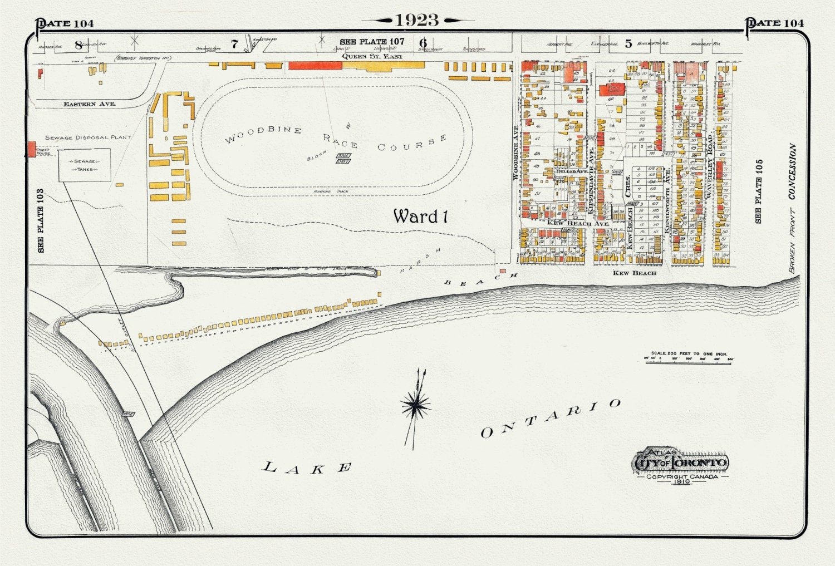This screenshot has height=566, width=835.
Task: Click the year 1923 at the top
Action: tap(417, 21)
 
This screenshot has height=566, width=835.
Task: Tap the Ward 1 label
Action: tap(420, 216)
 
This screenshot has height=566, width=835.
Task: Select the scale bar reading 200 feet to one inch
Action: tap(689, 357)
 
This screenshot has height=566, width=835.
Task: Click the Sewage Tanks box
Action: tap(85, 165)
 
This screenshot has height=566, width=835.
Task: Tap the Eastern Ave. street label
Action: tap(89, 104)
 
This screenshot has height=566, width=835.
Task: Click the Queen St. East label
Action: tap(372, 56)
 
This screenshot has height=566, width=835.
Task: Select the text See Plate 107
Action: tap(372, 42)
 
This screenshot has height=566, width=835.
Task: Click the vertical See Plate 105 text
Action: tap(759, 191)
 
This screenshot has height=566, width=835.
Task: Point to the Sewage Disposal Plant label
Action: tap(88, 137)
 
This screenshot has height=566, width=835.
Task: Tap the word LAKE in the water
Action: tap(307, 467)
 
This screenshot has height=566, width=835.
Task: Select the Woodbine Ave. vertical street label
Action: tap(515, 152)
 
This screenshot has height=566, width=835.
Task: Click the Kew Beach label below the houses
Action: tap(634, 273)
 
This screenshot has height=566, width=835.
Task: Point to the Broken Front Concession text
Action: tap(792, 209)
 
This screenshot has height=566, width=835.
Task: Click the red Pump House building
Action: tap(32, 149)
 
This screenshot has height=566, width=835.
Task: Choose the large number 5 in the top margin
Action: tap(628, 43)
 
